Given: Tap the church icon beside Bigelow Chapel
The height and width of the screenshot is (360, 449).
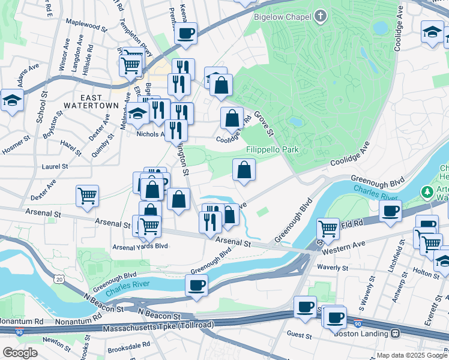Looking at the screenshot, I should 321,17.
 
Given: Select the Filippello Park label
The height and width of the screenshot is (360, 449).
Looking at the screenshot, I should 272,149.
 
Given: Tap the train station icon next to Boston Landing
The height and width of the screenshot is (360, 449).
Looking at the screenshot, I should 396,334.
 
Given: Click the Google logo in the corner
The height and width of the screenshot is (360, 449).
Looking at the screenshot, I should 20,352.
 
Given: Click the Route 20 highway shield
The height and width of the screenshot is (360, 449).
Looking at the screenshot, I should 58,279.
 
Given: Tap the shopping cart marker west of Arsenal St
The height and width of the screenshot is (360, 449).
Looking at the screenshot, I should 88,196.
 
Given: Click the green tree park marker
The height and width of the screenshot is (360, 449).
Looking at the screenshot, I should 427,192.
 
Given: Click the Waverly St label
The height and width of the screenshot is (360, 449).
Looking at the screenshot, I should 333,268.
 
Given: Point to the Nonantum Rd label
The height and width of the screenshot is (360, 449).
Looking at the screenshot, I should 22,322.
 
